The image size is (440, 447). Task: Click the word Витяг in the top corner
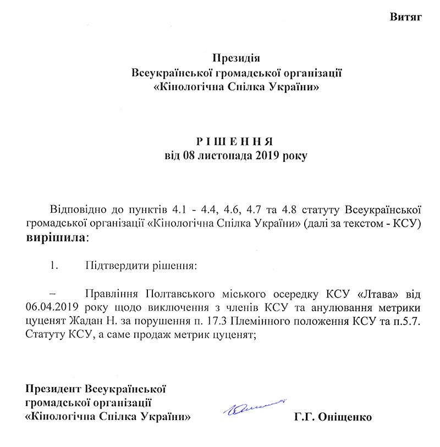point(406,16)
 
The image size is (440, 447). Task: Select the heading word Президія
point(235,58)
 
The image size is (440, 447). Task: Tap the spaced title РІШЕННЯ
point(235,140)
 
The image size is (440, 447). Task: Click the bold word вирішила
point(55,239)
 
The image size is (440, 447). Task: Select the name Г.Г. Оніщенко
point(333,417)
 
